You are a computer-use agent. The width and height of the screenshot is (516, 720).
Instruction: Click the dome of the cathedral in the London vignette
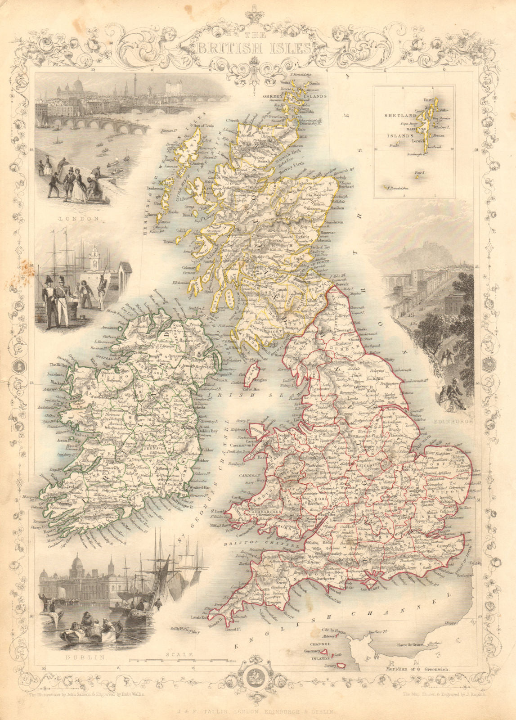[x=77, y=84]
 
